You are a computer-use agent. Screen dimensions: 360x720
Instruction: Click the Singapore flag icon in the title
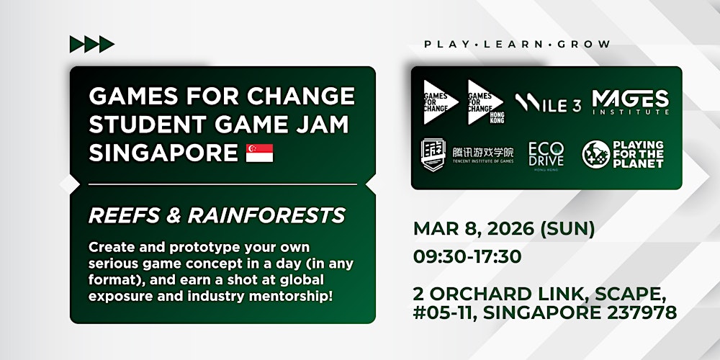261,153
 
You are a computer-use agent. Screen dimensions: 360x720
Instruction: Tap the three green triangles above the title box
91,44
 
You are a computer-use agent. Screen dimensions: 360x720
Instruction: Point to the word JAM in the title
323,124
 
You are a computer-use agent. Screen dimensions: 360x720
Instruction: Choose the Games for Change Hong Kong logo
485,102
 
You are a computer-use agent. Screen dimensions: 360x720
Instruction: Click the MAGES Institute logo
630,102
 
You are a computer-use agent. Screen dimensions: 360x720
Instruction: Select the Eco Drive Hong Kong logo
546,153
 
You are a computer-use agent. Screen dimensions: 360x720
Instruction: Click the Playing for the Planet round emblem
595,153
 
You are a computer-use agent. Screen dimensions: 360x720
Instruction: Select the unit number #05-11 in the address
448,312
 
